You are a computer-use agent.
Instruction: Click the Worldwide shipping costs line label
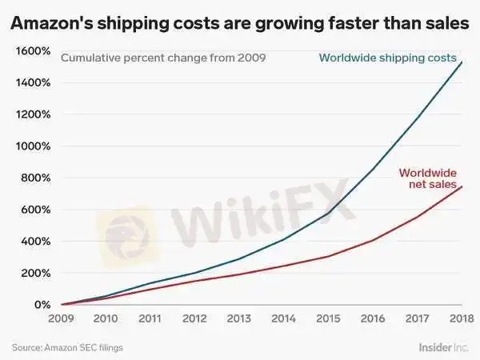point(387,58)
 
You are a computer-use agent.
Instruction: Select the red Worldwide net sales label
point(427,179)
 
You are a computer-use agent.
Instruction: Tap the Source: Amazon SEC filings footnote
point(67,347)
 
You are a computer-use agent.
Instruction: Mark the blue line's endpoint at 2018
point(462,62)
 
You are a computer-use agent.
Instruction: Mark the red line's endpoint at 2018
point(462,186)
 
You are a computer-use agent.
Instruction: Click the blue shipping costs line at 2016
point(373,170)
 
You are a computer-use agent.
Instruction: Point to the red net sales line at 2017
point(418,217)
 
